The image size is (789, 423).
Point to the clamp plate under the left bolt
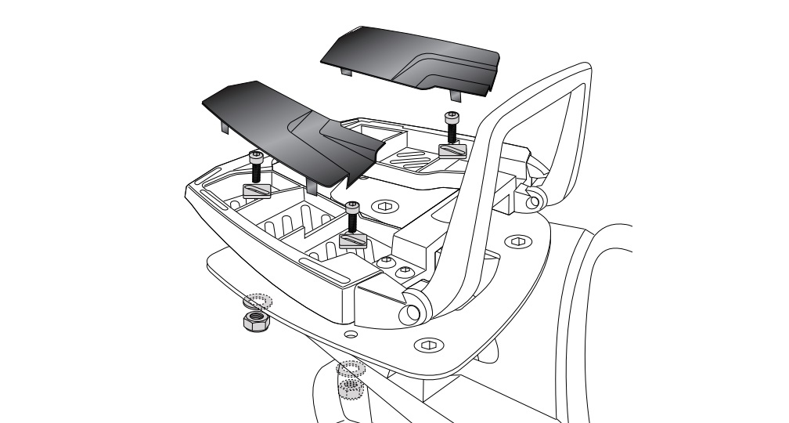point(258,191)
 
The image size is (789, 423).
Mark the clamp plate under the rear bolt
point(452,150)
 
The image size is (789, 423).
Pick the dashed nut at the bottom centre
point(350,385)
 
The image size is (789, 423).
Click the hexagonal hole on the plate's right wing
point(517,242)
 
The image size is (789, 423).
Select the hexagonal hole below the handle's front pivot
point(427,344)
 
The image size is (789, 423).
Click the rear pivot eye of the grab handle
point(535,200)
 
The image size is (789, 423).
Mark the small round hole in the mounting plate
point(351,334)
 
